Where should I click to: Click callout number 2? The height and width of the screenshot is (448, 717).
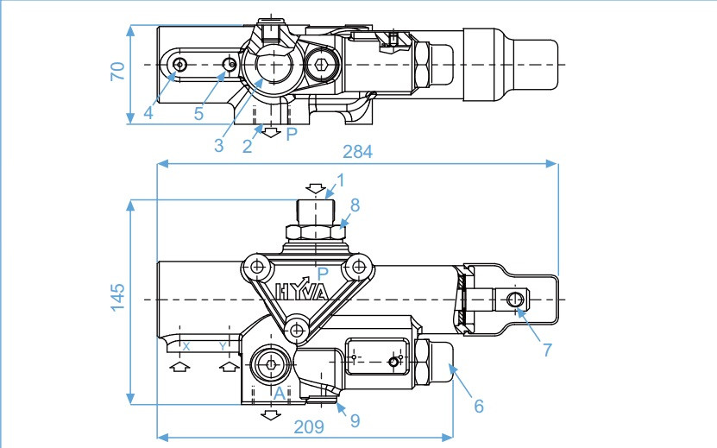[247, 147]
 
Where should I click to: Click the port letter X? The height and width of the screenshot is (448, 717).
[185, 345]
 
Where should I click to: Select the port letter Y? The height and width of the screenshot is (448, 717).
[223, 345]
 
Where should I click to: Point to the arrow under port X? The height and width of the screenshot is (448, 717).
[179, 367]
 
